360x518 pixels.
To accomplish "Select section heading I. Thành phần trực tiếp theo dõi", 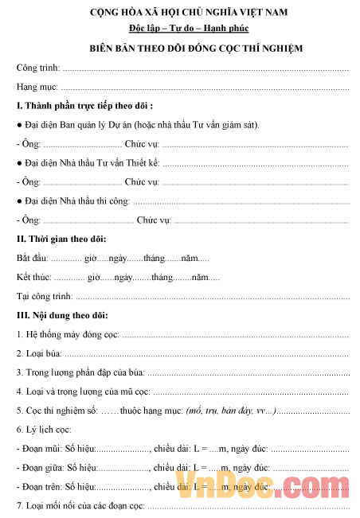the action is pos(84,106).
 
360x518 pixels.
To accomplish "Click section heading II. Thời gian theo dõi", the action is pos(61,240).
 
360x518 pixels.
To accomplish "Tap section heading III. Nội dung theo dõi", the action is pos(61,316).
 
